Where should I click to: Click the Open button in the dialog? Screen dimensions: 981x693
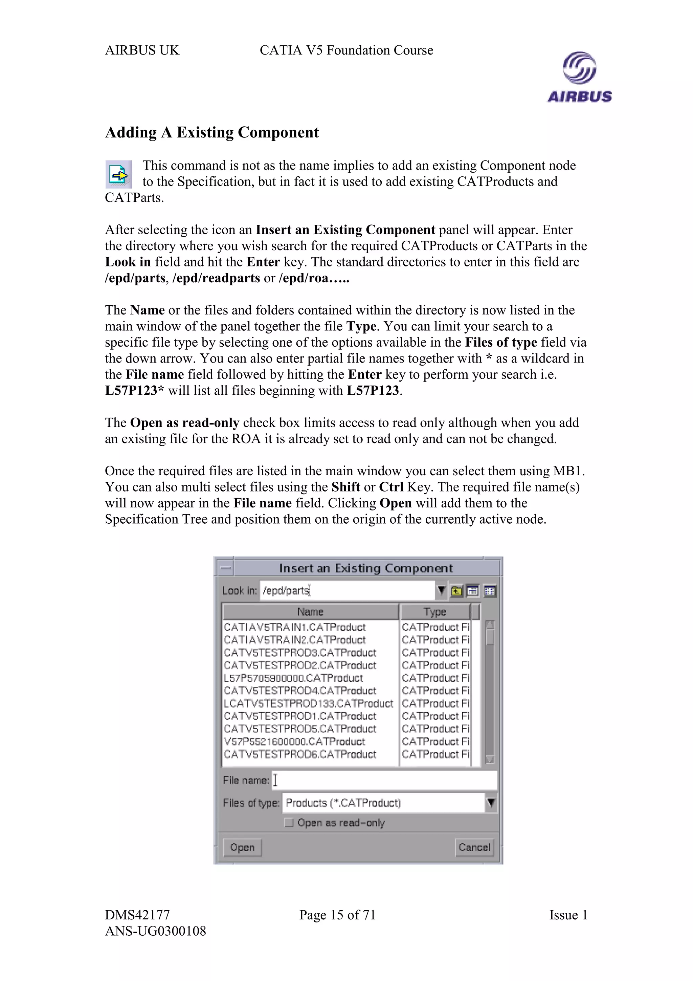click(x=242, y=847)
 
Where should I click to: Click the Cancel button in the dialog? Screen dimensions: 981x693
click(x=474, y=847)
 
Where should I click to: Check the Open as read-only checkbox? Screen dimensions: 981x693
click(x=289, y=823)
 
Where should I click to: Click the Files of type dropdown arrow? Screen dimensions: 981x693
click(x=491, y=803)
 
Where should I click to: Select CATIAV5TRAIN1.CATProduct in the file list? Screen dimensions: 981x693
click(x=295, y=627)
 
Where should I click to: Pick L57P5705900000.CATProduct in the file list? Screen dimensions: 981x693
click(x=293, y=678)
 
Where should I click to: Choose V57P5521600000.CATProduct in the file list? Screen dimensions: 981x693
click(x=294, y=741)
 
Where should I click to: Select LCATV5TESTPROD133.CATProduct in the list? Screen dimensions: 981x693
click(x=308, y=703)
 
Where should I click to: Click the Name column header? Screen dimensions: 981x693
click(x=310, y=612)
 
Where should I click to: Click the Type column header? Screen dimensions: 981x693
click(x=435, y=612)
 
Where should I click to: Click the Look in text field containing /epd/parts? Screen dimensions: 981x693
click(x=347, y=590)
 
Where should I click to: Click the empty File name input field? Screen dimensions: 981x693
click(x=384, y=780)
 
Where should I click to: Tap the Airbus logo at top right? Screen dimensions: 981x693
click(x=579, y=77)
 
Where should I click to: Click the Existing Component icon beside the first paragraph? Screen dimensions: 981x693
click(x=118, y=174)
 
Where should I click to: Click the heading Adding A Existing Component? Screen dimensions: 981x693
click(x=212, y=132)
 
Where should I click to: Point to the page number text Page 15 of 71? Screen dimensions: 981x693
click(x=337, y=915)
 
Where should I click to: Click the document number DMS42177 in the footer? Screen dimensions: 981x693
click(x=137, y=915)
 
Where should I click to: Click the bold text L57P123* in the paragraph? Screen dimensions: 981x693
click(x=134, y=391)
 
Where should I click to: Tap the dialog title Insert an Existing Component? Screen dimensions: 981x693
click(x=365, y=568)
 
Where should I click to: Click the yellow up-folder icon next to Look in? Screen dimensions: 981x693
click(x=456, y=591)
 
